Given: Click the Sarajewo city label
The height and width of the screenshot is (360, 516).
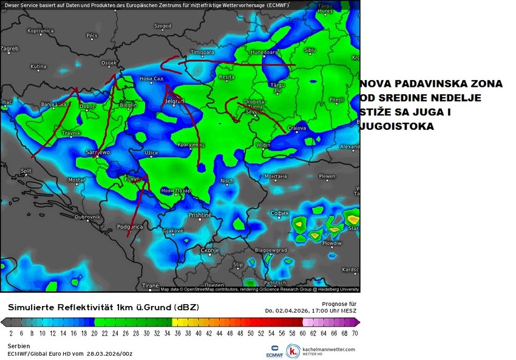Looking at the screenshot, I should point(98,152).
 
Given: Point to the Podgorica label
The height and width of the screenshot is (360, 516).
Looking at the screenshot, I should point(129,226).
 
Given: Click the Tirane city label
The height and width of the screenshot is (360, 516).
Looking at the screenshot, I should point(149,285).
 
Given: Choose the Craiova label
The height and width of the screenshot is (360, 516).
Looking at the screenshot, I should point(296,128).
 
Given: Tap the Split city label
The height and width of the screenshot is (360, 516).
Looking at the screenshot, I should point(25,171).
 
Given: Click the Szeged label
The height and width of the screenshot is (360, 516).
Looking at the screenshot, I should point(162,26).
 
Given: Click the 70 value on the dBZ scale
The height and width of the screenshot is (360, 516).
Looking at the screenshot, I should point(355,333).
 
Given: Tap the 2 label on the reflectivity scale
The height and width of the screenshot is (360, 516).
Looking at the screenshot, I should point(12,333).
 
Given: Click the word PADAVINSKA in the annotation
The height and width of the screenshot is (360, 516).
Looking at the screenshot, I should point(418,84).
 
